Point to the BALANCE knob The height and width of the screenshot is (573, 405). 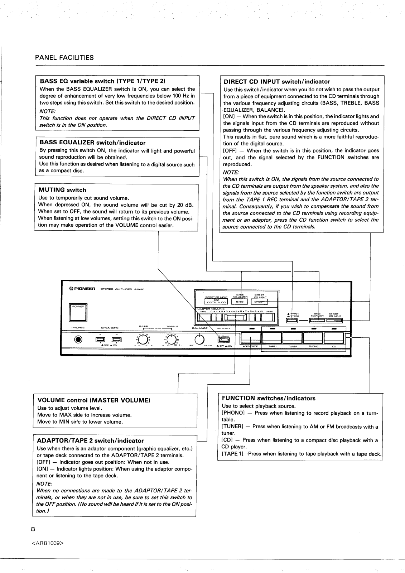(199, 339)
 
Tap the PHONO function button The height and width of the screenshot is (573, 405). (313, 338)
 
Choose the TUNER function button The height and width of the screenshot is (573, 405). (293, 338)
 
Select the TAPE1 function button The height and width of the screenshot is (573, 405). (272, 338)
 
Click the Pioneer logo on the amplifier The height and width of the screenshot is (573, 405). (82, 289)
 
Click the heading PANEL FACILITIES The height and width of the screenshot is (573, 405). (64, 58)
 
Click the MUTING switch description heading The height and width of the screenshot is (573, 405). (62, 190)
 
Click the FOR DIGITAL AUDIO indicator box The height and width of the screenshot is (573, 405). (216, 301)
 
